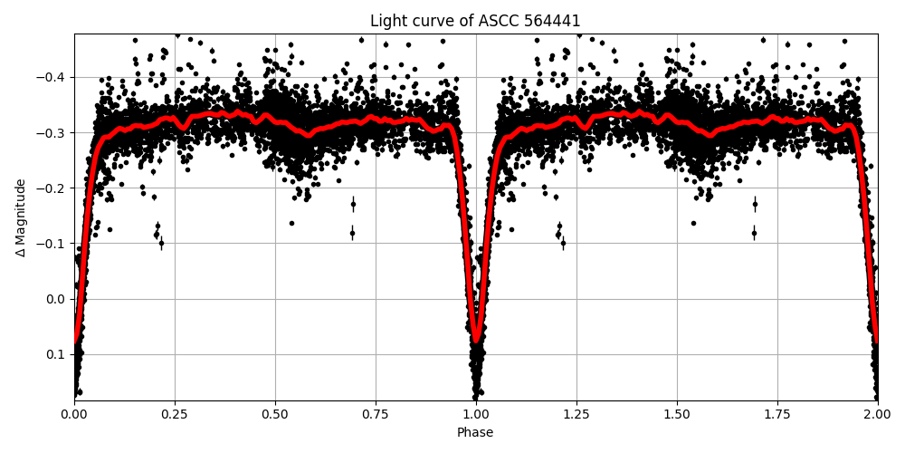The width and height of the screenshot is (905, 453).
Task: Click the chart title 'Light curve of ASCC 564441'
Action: point(475,21)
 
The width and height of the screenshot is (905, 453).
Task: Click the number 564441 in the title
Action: point(552,21)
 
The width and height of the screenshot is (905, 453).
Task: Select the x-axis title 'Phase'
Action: point(475,433)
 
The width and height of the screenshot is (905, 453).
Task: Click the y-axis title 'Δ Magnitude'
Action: point(21,217)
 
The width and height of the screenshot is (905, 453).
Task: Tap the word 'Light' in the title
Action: point(386,21)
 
